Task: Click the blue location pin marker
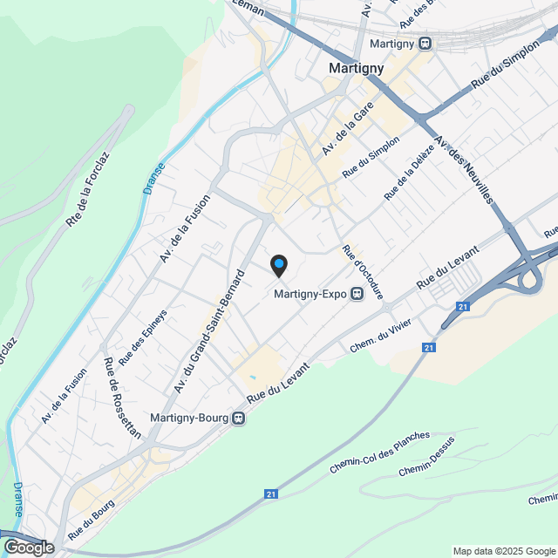(x=278, y=264)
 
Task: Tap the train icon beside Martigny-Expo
(x=357, y=295)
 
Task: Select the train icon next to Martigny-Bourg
(x=239, y=418)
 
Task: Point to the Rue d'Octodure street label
(x=364, y=273)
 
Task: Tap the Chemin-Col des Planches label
(x=379, y=453)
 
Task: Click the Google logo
(x=28, y=547)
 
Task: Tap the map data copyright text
(x=504, y=551)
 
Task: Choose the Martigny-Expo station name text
(x=310, y=295)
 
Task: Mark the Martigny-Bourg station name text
(x=190, y=418)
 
